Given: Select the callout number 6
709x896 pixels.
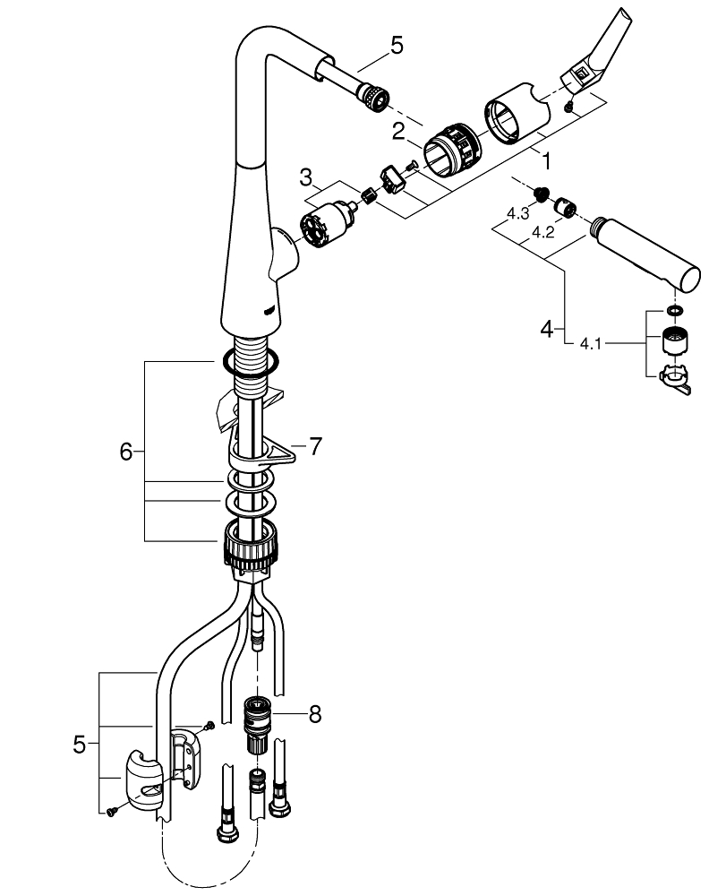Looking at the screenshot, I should (x=125, y=452).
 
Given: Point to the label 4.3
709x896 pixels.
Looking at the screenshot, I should (x=517, y=214).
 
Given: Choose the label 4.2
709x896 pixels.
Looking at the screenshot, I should (x=542, y=231).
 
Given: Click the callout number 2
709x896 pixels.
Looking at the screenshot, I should (x=398, y=130).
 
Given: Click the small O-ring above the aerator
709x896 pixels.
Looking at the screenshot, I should (x=674, y=312).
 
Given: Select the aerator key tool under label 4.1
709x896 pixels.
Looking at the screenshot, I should (x=677, y=378).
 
